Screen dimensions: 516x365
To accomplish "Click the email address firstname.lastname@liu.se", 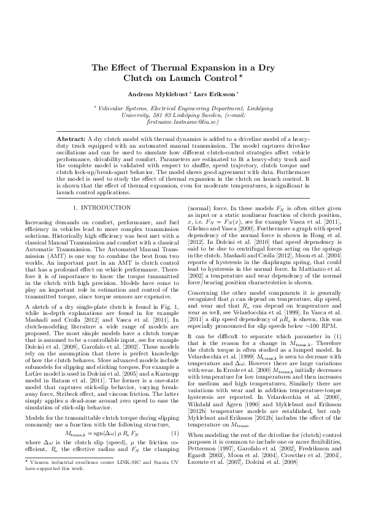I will point(182,122).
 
